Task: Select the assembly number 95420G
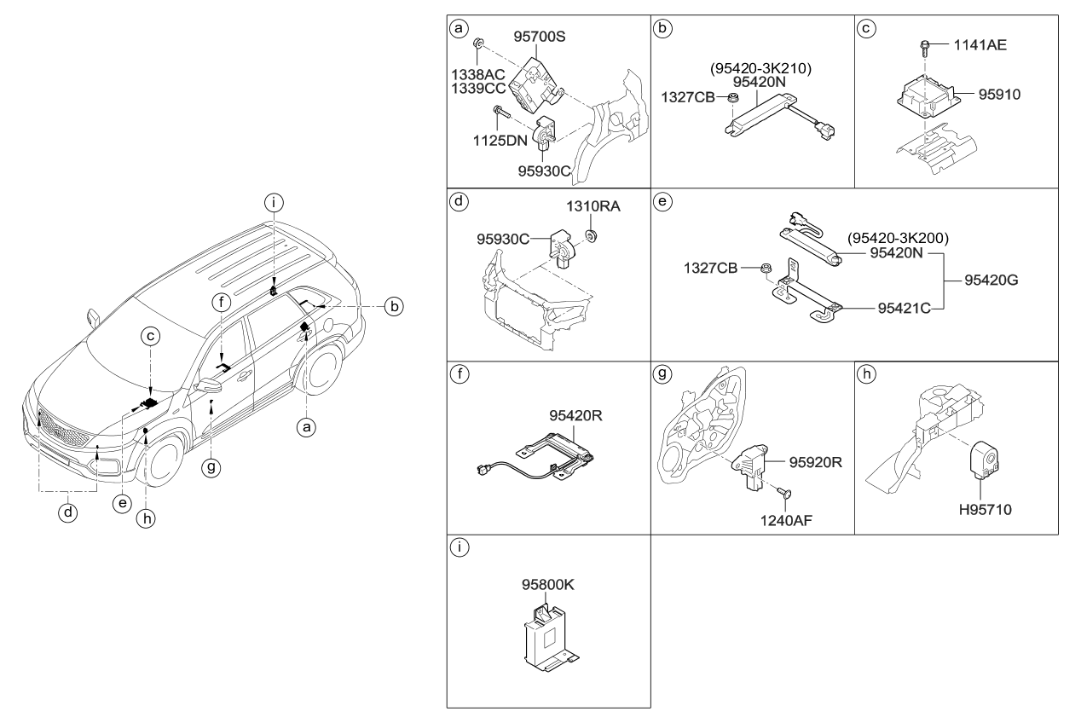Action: [x=994, y=280]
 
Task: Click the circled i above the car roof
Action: [x=273, y=202]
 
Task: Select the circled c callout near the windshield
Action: [x=149, y=337]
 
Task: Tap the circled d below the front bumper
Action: [x=69, y=513]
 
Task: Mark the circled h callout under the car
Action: [x=147, y=518]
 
